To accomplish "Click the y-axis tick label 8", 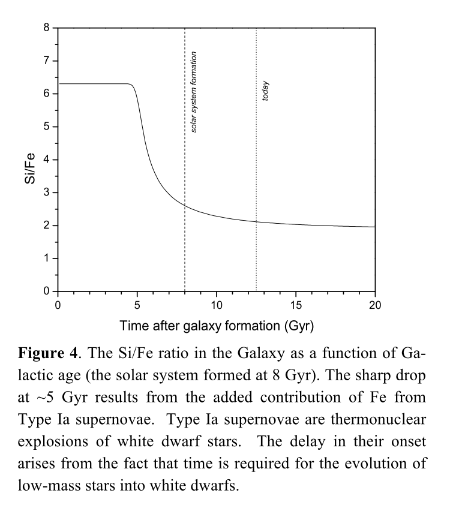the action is click(x=47, y=28).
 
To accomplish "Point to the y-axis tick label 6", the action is click(x=47, y=94).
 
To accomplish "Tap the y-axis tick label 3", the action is click(x=47, y=193).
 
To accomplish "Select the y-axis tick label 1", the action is click(x=47, y=258).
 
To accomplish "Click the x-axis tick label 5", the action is click(x=137, y=305).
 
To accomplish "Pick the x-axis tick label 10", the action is click(x=216, y=305).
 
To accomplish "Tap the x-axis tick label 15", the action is click(x=296, y=305).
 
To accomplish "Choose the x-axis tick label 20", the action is click(x=375, y=305).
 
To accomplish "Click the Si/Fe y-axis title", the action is click(x=29, y=168).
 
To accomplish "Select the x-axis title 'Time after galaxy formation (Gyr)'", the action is click(x=217, y=326).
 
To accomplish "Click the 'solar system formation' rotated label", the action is click(x=193, y=92).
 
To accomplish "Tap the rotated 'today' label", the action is click(x=265, y=91).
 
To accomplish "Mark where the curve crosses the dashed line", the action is click(x=185, y=205).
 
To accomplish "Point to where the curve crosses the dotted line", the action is click(x=256, y=221).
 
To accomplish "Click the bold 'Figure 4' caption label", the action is click(x=48, y=353).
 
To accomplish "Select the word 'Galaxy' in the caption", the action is click(x=261, y=353).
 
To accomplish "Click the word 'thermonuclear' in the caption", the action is click(x=378, y=419).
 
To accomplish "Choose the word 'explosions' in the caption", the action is click(x=53, y=442).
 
